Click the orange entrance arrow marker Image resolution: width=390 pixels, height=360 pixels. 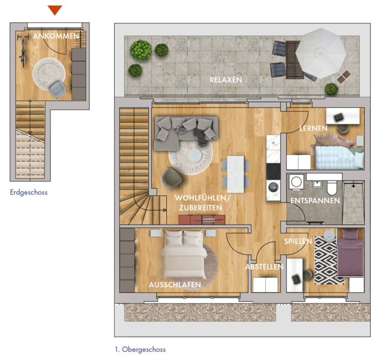[x=55, y=10]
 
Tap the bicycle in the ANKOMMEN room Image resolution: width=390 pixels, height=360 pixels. [x=23, y=51]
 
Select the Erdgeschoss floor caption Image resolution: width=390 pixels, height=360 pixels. [x=29, y=193]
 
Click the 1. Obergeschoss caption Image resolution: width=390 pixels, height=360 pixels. [x=140, y=349]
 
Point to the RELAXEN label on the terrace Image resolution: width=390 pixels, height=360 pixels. [x=226, y=80]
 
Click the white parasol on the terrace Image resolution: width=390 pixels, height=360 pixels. [x=321, y=53]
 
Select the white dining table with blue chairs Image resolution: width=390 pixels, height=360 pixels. [x=236, y=174]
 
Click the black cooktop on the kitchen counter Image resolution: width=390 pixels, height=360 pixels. [x=273, y=172]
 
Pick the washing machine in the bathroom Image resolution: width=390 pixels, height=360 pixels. [x=296, y=182]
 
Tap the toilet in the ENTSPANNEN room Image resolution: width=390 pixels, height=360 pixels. [x=332, y=188]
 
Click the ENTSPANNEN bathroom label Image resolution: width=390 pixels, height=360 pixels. [x=315, y=201]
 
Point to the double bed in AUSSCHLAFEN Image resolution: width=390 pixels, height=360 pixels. [x=184, y=254]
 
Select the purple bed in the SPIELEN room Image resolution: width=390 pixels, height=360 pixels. [x=350, y=252]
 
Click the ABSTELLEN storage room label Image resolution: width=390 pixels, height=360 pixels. [x=264, y=267]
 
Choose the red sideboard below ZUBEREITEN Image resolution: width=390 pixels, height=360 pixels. [x=202, y=220]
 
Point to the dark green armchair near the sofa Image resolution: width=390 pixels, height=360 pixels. [x=172, y=177]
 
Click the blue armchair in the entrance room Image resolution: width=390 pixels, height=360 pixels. [x=58, y=89]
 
